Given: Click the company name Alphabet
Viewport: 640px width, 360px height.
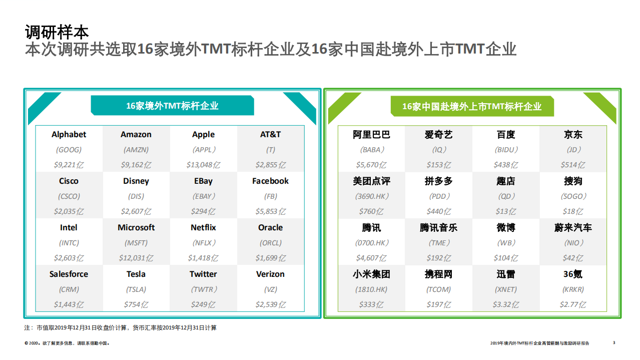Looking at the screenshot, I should (x=69, y=134).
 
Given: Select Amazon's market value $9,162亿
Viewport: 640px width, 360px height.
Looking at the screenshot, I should (x=136, y=165).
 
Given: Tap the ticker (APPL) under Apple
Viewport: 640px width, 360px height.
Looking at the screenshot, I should (x=204, y=150).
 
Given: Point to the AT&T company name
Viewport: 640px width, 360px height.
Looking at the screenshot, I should (x=271, y=134).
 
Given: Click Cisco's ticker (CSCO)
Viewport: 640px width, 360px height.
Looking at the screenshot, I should (x=69, y=196).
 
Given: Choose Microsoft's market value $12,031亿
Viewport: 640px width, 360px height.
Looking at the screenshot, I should (x=136, y=258).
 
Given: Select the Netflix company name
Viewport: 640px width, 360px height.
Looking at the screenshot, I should (x=203, y=227).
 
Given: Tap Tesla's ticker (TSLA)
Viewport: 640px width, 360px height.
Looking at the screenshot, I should (x=136, y=289).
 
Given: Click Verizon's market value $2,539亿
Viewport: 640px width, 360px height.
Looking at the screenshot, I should (x=271, y=304).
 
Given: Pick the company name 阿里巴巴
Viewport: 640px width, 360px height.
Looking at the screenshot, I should (x=371, y=135).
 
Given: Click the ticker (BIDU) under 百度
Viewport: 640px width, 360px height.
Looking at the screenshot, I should (x=506, y=150).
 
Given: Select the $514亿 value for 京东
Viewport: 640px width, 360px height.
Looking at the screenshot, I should (x=573, y=165).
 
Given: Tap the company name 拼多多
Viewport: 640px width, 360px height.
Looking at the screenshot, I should (x=439, y=181).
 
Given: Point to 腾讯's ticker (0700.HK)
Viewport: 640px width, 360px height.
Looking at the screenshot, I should (x=371, y=243).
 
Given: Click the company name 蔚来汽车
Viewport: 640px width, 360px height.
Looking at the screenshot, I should (x=573, y=228).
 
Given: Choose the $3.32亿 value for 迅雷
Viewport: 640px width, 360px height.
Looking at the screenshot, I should (x=506, y=304).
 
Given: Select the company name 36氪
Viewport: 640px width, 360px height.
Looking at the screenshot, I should (x=573, y=274).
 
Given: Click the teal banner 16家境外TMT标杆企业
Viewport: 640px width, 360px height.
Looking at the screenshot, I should (x=172, y=106).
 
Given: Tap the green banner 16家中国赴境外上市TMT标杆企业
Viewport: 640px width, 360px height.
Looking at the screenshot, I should (x=472, y=107).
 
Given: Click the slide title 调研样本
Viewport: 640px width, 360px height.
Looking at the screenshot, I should (x=57, y=32).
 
